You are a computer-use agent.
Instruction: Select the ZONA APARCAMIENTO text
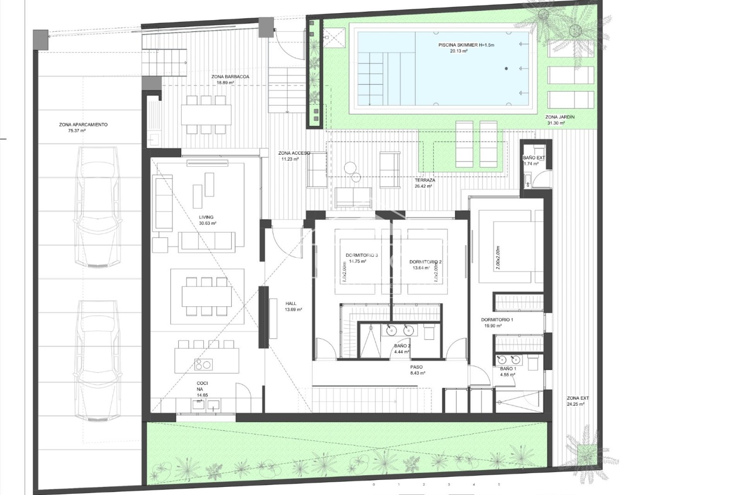tap(83, 125)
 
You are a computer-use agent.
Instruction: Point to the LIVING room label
tap(206, 217)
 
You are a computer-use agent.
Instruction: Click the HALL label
tap(291, 304)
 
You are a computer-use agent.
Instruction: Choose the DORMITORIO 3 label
tap(361, 255)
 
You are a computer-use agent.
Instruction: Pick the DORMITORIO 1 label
tap(497, 320)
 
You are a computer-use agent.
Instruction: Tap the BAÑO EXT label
tap(534, 158)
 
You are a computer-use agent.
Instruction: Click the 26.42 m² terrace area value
tap(423, 186)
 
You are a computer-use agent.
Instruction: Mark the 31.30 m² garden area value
tap(556, 123)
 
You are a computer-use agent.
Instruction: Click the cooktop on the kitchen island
tap(203, 364)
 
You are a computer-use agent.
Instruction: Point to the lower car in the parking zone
tap(97, 361)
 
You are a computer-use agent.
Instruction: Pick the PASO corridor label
tap(416, 367)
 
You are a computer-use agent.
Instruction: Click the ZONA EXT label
tap(578, 398)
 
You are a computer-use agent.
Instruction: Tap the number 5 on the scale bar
tap(499, 484)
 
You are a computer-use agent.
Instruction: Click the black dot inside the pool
tap(506, 69)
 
